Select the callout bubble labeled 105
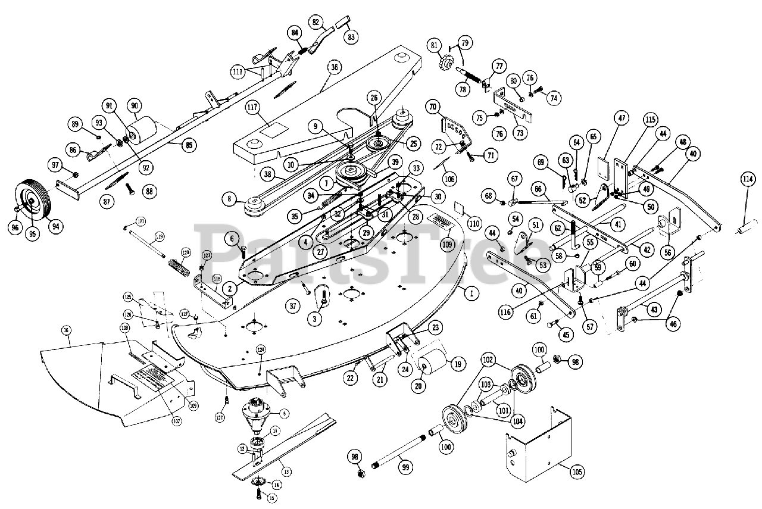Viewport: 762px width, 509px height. coord(577,472)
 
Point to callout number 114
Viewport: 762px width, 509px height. coord(747,179)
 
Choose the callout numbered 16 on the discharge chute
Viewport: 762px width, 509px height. coord(66,329)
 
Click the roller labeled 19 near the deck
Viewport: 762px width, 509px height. coord(434,361)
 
